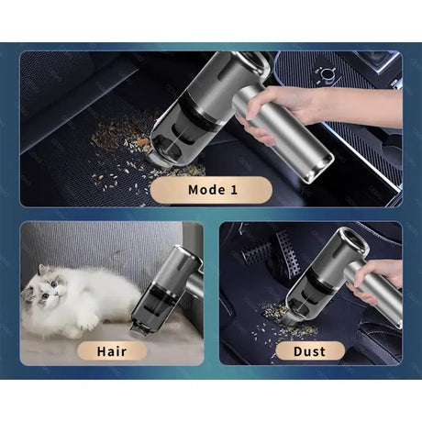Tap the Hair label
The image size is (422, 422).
(112, 351)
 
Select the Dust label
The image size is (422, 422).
(310, 351)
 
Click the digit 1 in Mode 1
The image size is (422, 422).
(234, 190)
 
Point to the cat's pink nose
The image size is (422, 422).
(57, 294)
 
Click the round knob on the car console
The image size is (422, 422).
(327, 74)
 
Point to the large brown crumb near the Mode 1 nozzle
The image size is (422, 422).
(143, 142)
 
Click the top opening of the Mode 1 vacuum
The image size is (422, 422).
(255, 61)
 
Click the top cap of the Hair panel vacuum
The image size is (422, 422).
(187, 254)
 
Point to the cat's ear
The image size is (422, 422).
(43, 270)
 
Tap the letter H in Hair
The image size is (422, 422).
(102, 351)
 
